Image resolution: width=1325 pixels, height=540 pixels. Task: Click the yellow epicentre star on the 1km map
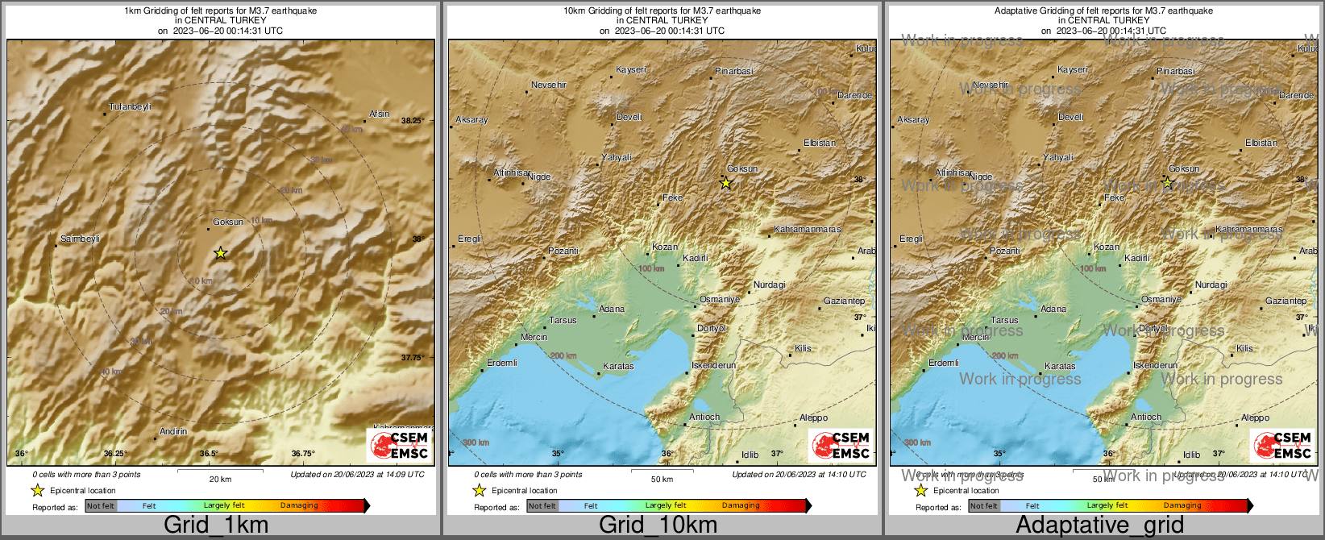pyautogui.click(x=220, y=253)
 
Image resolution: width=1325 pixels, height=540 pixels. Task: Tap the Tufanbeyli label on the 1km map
pyautogui.click(x=130, y=106)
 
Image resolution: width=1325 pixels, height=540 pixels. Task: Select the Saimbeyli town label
pyautogui.click(x=80, y=239)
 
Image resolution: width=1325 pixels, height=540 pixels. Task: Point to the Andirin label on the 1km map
pyautogui.click(x=173, y=431)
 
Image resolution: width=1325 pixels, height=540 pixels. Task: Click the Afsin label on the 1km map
pyautogui.click(x=379, y=114)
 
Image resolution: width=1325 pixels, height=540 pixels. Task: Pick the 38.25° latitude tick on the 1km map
pyautogui.click(x=412, y=120)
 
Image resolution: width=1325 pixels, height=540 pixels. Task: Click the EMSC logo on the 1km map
pyautogui.click(x=400, y=445)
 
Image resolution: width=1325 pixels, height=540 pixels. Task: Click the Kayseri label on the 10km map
pyautogui.click(x=631, y=69)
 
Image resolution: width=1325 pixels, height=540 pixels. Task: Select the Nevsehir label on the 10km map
pyautogui.click(x=549, y=85)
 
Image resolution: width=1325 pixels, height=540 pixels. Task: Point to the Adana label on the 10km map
pyautogui.click(x=612, y=309)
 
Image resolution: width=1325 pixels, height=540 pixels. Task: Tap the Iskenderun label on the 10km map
pyautogui.click(x=714, y=365)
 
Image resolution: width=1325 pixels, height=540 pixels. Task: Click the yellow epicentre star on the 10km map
pyautogui.click(x=725, y=184)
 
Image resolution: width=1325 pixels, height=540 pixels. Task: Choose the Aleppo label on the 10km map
pyautogui.click(x=813, y=417)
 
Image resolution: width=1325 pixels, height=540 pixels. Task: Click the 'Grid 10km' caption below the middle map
pyautogui.click(x=658, y=525)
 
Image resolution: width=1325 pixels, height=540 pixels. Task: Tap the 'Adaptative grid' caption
pyautogui.click(x=1099, y=525)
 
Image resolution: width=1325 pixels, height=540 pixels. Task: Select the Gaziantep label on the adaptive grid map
pyautogui.click(x=1286, y=301)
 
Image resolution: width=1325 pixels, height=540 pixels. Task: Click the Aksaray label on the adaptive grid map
pyautogui.click(x=913, y=119)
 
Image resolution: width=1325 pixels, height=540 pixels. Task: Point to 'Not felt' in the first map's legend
pyautogui.click(x=101, y=506)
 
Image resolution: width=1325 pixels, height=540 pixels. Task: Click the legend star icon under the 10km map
pyautogui.click(x=479, y=490)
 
